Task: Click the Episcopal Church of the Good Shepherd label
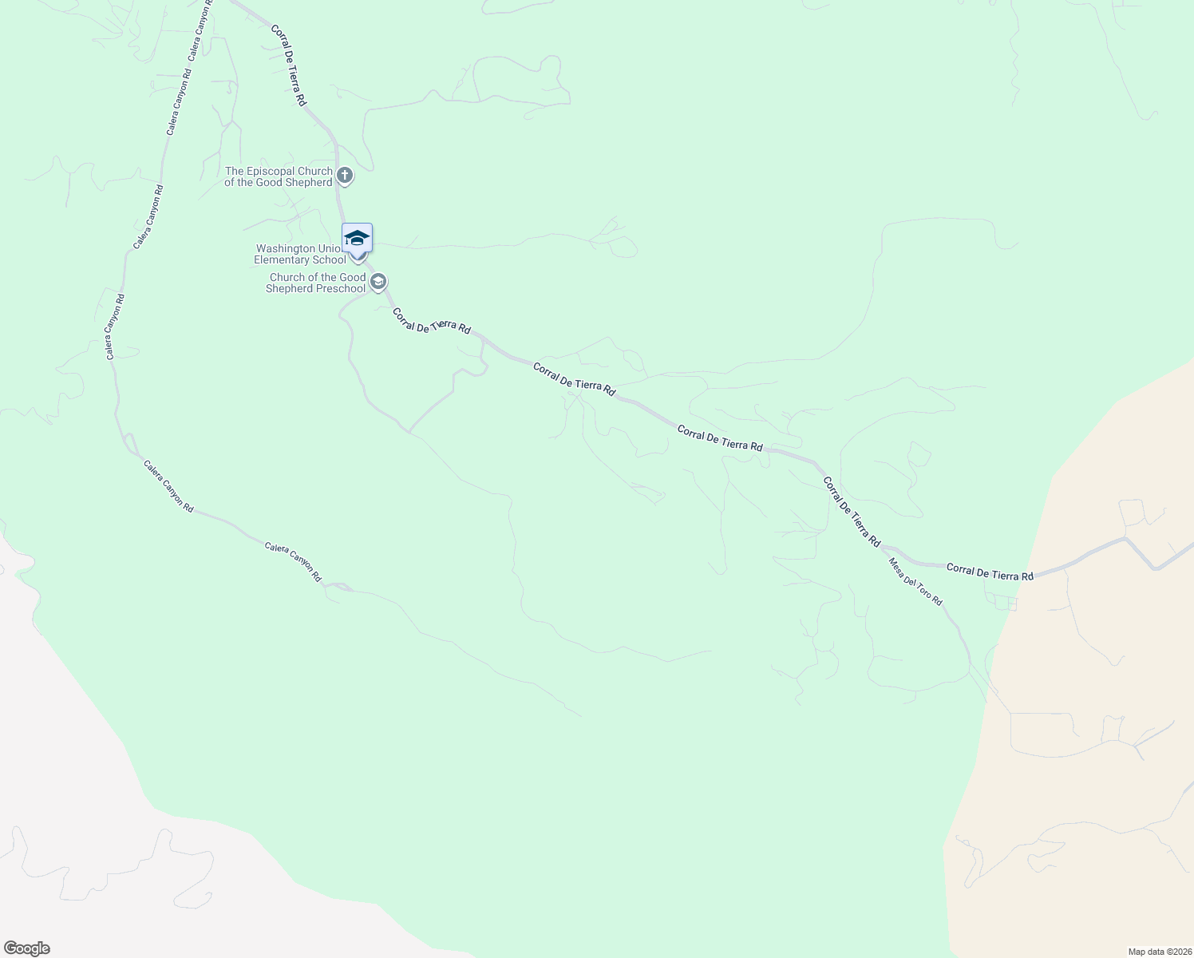(x=278, y=176)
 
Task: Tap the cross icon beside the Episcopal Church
(x=344, y=176)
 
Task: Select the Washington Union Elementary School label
(x=300, y=254)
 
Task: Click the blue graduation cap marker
(x=357, y=238)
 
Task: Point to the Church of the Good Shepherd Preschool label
(x=316, y=283)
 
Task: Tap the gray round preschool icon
(x=378, y=282)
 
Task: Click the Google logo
(x=26, y=948)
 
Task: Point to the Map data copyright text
(x=1159, y=952)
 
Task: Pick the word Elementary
(x=284, y=259)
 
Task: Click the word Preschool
(x=337, y=288)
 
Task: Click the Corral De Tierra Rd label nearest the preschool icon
(x=431, y=321)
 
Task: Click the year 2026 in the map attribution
(x=1179, y=952)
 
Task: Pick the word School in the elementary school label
(x=330, y=259)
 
